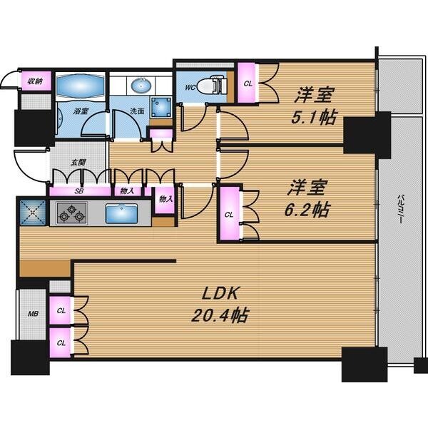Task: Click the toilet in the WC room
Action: click(x=212, y=85)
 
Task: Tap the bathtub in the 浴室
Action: click(x=81, y=86)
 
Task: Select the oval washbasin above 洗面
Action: click(x=141, y=85)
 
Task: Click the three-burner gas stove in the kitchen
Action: click(x=71, y=213)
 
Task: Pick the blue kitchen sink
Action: click(x=121, y=214)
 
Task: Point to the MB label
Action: click(x=33, y=314)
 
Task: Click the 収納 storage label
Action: click(x=36, y=81)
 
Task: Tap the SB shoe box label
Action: click(x=79, y=191)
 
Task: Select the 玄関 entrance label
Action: click(x=78, y=163)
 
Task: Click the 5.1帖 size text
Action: click(x=313, y=118)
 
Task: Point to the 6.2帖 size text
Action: click(x=307, y=209)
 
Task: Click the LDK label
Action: click(x=220, y=293)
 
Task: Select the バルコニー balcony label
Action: click(x=400, y=209)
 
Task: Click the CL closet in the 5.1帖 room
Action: click(x=248, y=83)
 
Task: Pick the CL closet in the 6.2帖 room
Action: click(x=230, y=214)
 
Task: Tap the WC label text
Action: click(x=190, y=87)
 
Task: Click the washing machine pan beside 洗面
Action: click(x=161, y=107)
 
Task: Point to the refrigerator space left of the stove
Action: click(x=33, y=213)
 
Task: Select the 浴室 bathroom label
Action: click(x=81, y=111)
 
